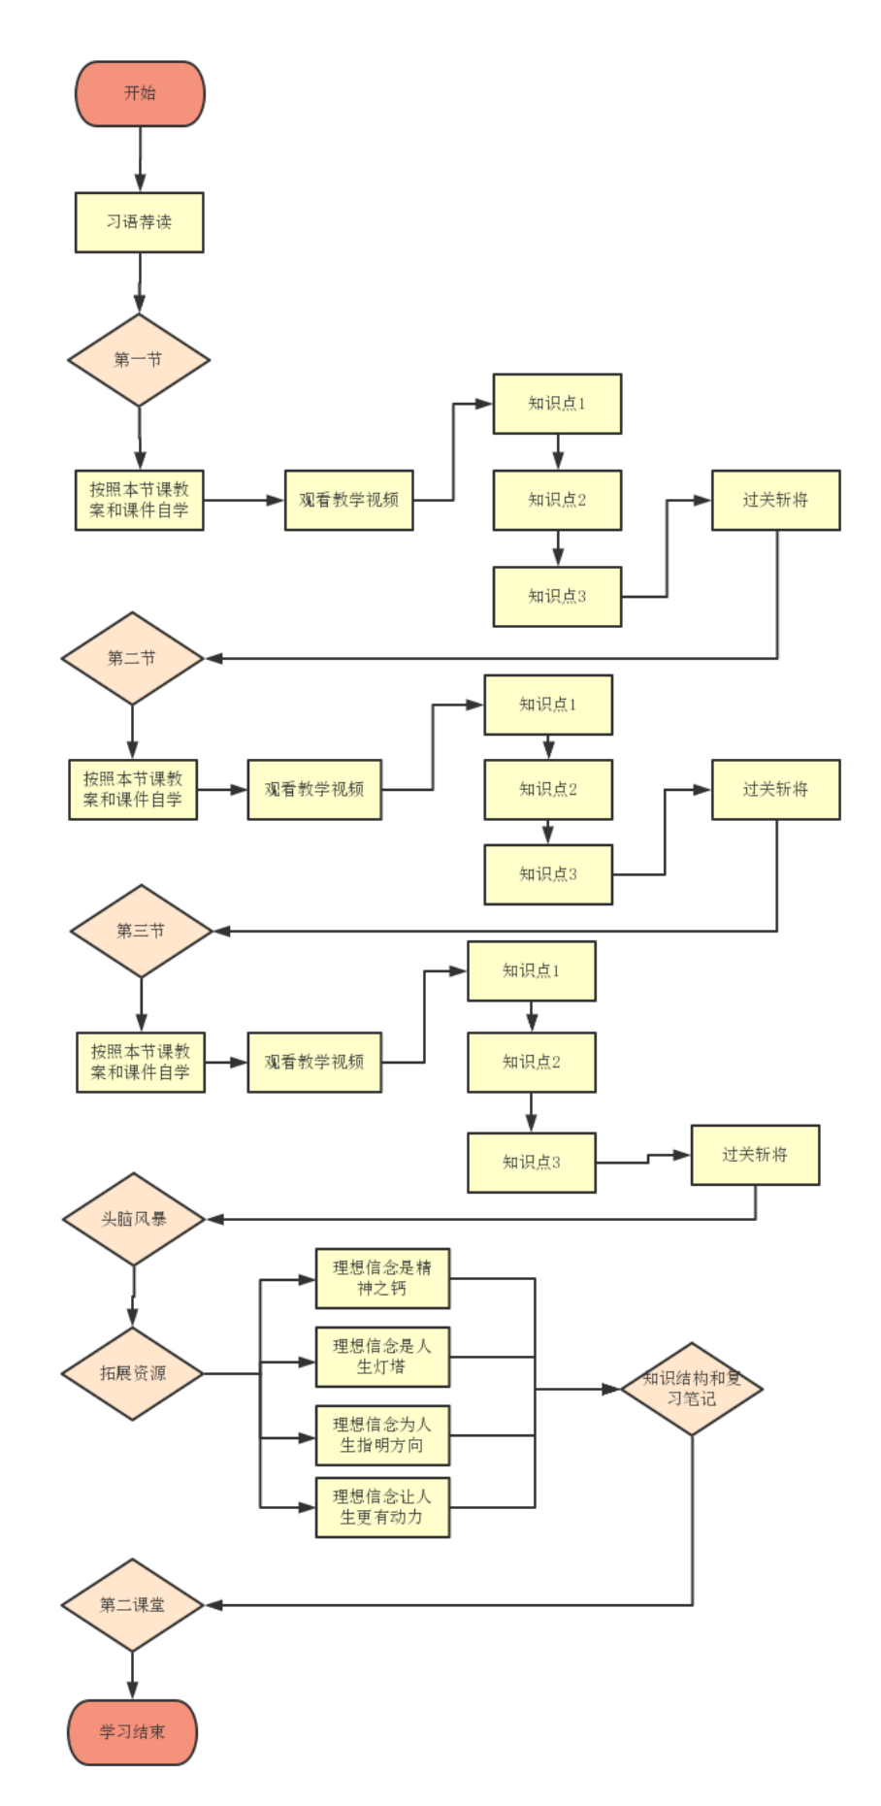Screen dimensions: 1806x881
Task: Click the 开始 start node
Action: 140,93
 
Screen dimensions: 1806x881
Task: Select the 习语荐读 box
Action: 140,222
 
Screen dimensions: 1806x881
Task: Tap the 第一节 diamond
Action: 139,360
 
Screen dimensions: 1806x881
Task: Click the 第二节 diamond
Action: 132,658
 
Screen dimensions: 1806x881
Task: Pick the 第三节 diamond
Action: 141,931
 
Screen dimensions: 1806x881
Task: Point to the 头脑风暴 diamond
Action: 134,1219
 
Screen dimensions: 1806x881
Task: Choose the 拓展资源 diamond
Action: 133,1373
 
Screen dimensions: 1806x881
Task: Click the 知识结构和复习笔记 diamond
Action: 692,1389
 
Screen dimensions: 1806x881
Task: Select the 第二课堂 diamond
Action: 132,1605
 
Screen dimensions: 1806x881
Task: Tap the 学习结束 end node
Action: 132,1732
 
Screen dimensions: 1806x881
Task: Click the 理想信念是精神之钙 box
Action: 382,1278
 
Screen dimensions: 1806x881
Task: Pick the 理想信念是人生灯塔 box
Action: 382,1357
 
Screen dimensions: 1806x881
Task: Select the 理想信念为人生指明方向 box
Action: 382,1434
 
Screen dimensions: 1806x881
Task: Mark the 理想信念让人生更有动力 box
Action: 382,1507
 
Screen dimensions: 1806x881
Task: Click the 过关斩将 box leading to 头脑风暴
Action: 755,1155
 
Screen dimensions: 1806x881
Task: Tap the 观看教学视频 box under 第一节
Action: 348,500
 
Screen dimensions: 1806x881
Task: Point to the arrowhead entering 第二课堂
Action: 212,1605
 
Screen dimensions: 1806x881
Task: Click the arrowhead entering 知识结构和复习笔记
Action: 611,1389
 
